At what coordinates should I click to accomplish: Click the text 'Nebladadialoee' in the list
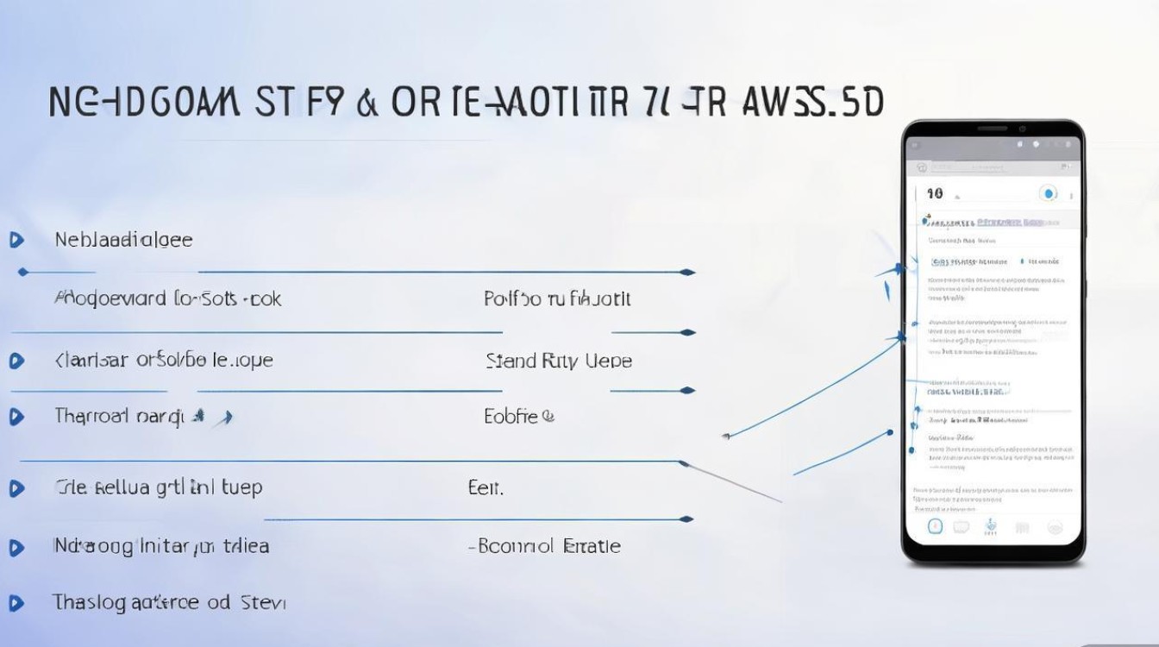click(x=123, y=240)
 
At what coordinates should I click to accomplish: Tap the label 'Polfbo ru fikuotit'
click(x=557, y=299)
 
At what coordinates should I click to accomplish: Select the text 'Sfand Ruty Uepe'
click(x=559, y=361)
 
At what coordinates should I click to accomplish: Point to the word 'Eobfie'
click(x=518, y=418)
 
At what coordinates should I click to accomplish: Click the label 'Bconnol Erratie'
click(x=545, y=546)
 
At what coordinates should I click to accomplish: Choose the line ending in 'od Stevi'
click(x=169, y=602)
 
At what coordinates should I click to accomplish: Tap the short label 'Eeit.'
click(x=486, y=488)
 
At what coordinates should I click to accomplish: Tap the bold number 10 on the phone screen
click(x=934, y=194)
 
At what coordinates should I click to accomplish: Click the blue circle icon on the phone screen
click(x=1049, y=194)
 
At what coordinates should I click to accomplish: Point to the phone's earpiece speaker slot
click(x=993, y=129)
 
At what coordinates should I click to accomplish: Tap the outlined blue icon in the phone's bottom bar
click(x=935, y=526)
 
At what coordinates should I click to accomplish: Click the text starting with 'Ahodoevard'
click(x=168, y=299)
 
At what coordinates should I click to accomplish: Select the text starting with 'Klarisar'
click(x=164, y=361)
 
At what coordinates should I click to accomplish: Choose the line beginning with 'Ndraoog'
click(x=161, y=546)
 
